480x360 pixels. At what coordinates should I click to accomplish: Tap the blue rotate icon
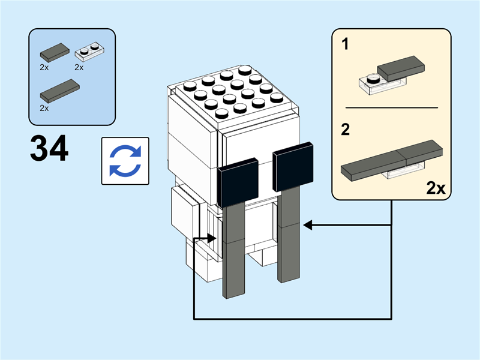[125, 161]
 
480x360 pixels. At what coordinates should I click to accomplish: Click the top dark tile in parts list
[53, 52]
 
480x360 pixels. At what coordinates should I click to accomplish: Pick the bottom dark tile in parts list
[59, 91]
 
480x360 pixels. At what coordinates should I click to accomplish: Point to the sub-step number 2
[346, 130]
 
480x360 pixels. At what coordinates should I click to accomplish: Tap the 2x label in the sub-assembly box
[436, 188]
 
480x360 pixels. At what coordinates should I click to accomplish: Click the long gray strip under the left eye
[234, 252]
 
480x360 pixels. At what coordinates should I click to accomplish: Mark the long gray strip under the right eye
[289, 234]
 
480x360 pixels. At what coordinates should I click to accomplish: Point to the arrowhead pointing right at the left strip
[211, 238]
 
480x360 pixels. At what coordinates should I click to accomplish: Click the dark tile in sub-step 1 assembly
[400, 68]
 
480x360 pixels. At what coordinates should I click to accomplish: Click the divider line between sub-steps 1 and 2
[391, 107]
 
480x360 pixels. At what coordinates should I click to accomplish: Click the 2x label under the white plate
[79, 68]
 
